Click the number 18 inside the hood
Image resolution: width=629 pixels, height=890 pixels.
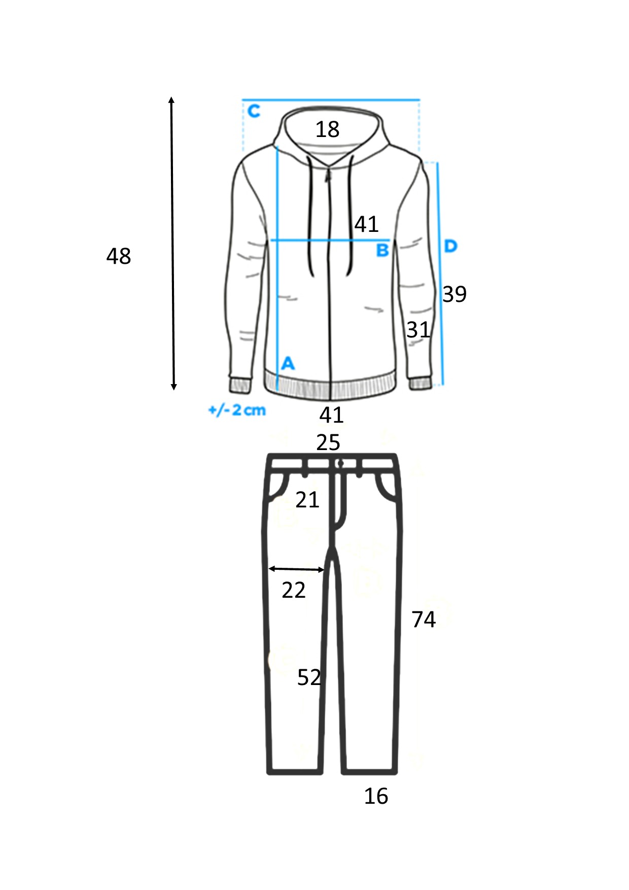tap(327, 129)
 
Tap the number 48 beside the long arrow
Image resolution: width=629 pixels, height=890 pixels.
tap(119, 256)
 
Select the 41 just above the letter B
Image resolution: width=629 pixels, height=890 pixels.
tap(366, 224)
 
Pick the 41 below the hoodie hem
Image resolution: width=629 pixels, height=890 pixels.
tap(332, 415)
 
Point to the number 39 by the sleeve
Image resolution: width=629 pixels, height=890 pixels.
tap(455, 294)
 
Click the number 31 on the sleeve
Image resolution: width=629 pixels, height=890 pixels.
tap(418, 330)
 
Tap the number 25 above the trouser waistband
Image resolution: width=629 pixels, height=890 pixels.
tap(328, 443)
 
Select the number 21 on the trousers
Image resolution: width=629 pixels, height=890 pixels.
tap(307, 500)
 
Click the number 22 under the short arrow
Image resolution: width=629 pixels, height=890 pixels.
tap(294, 590)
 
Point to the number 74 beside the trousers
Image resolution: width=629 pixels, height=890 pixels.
tap(424, 620)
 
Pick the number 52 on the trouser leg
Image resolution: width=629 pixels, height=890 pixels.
tap(309, 677)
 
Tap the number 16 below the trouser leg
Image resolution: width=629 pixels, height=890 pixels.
tap(376, 796)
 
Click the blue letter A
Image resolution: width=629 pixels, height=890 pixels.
tap(288, 363)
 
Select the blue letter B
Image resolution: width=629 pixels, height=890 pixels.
tap(382, 250)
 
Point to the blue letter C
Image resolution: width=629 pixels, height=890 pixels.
tap(254, 111)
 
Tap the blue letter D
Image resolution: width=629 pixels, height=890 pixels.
tap(450, 246)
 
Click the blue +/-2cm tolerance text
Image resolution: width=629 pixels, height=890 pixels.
tap(237, 410)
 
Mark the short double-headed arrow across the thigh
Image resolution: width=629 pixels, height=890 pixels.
tap(296, 569)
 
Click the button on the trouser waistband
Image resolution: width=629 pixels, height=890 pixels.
tap(340, 463)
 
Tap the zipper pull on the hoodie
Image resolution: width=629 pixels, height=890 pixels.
tap(328, 176)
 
